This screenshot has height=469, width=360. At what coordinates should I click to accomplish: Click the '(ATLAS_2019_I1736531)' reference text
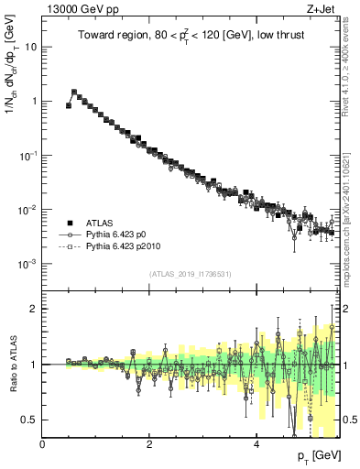tap(191, 274)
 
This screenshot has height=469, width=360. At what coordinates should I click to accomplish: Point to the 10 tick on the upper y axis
tap(32, 47)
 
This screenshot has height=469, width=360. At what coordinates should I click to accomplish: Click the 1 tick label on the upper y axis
tap(35, 101)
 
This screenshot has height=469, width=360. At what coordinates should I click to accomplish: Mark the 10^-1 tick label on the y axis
tap(30, 155)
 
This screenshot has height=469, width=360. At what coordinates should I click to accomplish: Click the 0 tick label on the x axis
tap(43, 444)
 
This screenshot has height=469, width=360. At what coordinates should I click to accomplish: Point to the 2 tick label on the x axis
tap(149, 444)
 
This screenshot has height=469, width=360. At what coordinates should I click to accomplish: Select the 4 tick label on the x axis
tap(256, 444)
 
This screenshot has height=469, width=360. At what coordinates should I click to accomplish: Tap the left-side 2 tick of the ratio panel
tap(35, 309)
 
